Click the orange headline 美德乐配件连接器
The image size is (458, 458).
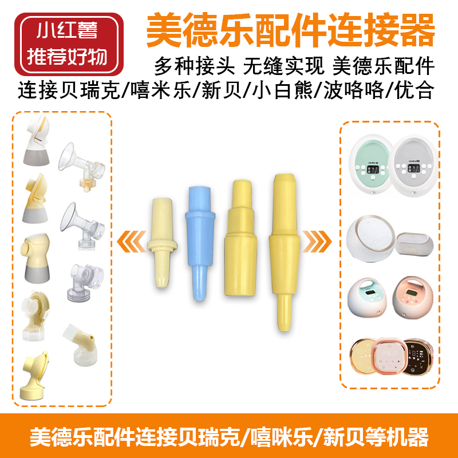(x=290, y=31)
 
